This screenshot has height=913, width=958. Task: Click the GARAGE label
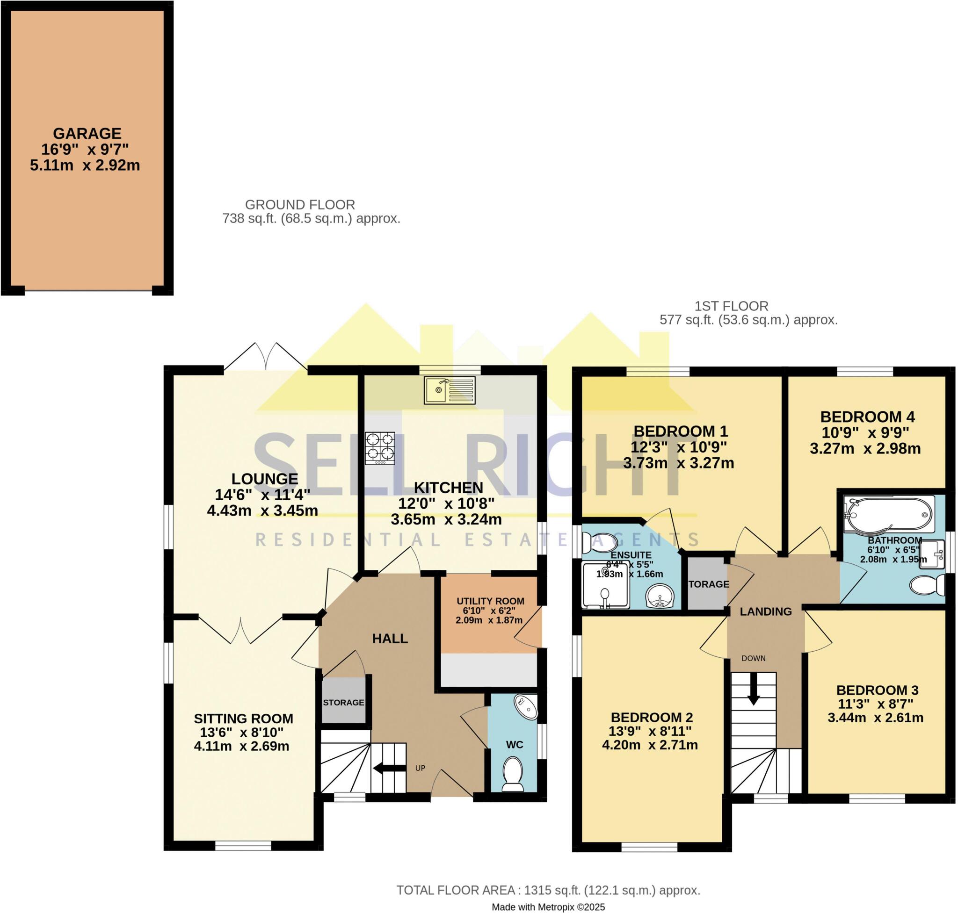[x=87, y=133]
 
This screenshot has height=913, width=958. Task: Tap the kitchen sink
[x=449, y=390]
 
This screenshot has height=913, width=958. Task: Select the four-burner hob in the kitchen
[x=379, y=447]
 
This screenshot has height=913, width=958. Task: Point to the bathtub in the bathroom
[x=889, y=514]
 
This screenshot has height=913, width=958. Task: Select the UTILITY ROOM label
[x=490, y=601]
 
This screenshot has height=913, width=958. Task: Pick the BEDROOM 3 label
[x=877, y=690]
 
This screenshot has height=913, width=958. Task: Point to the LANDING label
[x=765, y=612]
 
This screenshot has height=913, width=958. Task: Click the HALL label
[x=390, y=639]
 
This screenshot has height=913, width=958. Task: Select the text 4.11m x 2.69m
[x=241, y=746]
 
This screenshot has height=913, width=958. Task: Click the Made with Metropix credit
[x=548, y=906]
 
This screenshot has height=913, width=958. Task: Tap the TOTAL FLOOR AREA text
[x=548, y=890]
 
